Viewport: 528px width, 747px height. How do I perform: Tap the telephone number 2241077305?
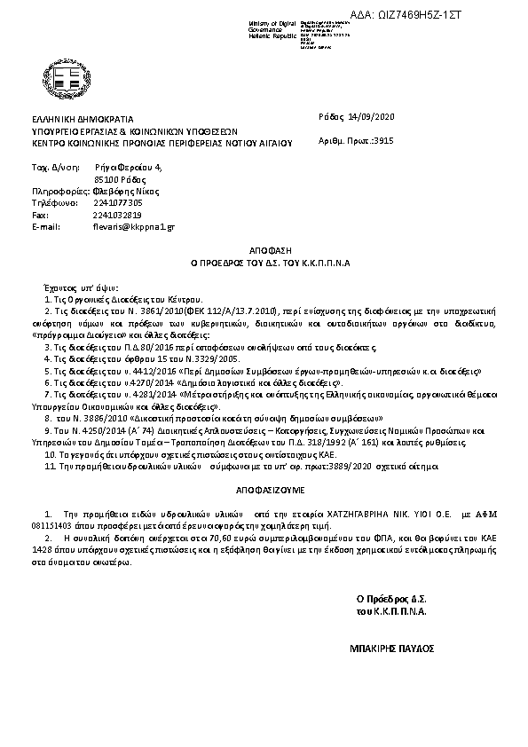116,202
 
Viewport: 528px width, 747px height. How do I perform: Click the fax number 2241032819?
116,215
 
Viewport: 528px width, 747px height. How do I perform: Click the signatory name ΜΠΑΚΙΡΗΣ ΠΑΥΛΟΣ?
392,649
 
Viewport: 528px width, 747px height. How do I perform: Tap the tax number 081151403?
57,524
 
